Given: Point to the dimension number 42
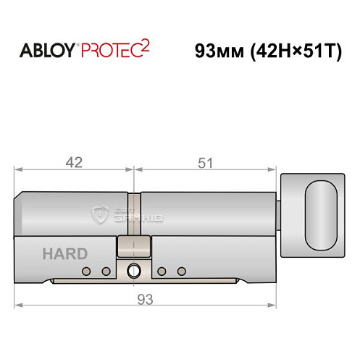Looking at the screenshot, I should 73,163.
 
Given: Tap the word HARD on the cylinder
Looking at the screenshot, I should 64,253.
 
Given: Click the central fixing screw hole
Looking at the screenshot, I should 133,272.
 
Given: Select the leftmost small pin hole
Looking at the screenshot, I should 86,271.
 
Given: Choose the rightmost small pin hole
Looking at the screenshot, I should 177,271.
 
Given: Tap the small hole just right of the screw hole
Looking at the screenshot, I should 160,271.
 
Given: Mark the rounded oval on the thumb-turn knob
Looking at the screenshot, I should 321,215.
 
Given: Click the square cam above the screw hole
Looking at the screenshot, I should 133,246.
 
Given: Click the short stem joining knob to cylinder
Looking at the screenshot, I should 281,214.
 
